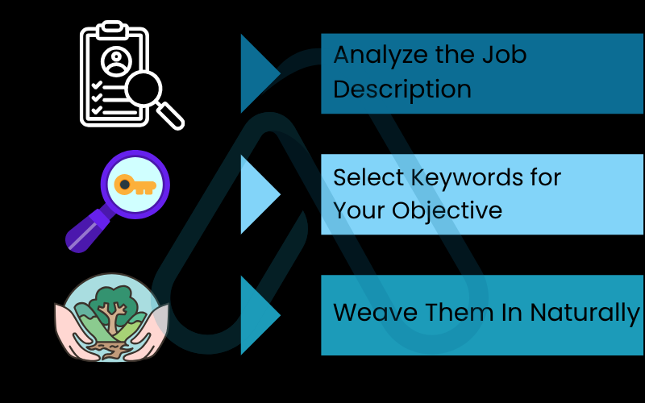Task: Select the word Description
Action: click(402, 89)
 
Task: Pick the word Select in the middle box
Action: click(361, 177)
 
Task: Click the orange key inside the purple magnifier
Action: click(134, 185)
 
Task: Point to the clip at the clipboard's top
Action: click(114, 28)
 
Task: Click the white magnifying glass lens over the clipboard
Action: click(150, 88)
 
